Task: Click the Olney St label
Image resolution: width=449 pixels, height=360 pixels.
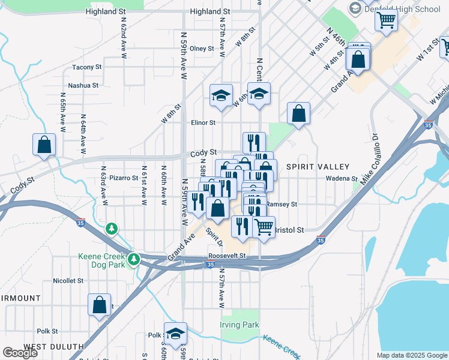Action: pyautogui.click(x=202, y=49)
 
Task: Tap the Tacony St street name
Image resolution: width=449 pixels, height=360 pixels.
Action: pyautogui.click(x=86, y=67)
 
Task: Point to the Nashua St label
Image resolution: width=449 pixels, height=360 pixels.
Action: pyautogui.click(x=83, y=85)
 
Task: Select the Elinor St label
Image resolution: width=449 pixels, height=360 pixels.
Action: pyautogui.click(x=203, y=122)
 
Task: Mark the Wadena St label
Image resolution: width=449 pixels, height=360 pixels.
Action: pyautogui.click(x=342, y=179)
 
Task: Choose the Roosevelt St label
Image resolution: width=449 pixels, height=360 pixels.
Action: pyautogui.click(x=231, y=256)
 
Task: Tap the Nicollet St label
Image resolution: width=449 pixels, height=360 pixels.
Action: pyautogui.click(x=68, y=280)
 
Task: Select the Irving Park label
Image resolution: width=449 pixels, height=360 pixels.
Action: pyautogui.click(x=240, y=325)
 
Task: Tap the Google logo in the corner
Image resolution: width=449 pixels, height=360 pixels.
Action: pyautogui.click(x=20, y=352)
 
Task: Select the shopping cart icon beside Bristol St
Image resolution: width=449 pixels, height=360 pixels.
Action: pyautogui.click(x=263, y=227)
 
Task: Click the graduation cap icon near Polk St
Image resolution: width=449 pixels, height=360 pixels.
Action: pyautogui.click(x=175, y=334)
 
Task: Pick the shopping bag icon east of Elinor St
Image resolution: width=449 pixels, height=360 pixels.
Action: pyautogui.click(x=298, y=113)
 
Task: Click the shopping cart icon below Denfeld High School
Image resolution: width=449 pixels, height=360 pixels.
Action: pyautogui.click(x=386, y=20)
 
